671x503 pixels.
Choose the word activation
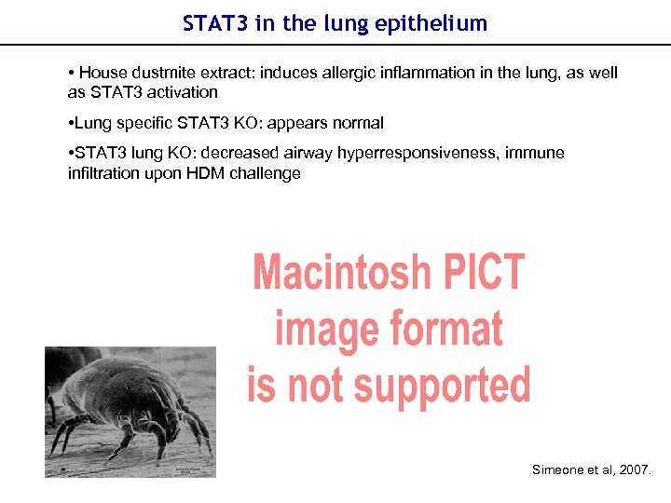click(x=183, y=92)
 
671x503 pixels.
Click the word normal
click(x=359, y=123)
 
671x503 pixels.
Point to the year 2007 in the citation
click(x=635, y=470)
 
